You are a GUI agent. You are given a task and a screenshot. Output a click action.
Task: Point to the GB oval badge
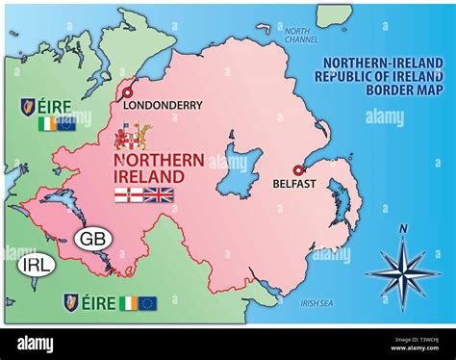[92, 238]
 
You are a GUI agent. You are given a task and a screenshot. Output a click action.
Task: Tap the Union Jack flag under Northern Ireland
[159, 195]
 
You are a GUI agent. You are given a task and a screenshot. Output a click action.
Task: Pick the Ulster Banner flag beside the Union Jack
[128, 195]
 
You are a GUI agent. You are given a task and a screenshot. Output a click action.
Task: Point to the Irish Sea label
[317, 303]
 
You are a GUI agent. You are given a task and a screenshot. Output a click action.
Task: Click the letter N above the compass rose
[403, 228]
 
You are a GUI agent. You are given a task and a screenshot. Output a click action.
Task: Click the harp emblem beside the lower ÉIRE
[71, 302]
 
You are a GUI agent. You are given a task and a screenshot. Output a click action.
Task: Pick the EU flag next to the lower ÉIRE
[147, 302]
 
